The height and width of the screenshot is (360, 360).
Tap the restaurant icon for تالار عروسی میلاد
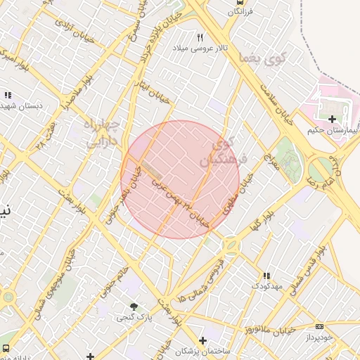point(200,38)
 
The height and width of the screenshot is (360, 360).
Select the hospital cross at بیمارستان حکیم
point(331,120)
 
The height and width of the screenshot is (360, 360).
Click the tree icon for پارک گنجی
point(134,307)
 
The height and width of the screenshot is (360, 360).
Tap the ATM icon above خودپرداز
point(320,326)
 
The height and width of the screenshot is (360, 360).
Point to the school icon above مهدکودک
point(266,276)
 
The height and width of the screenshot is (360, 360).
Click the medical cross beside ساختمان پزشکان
point(202,340)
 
